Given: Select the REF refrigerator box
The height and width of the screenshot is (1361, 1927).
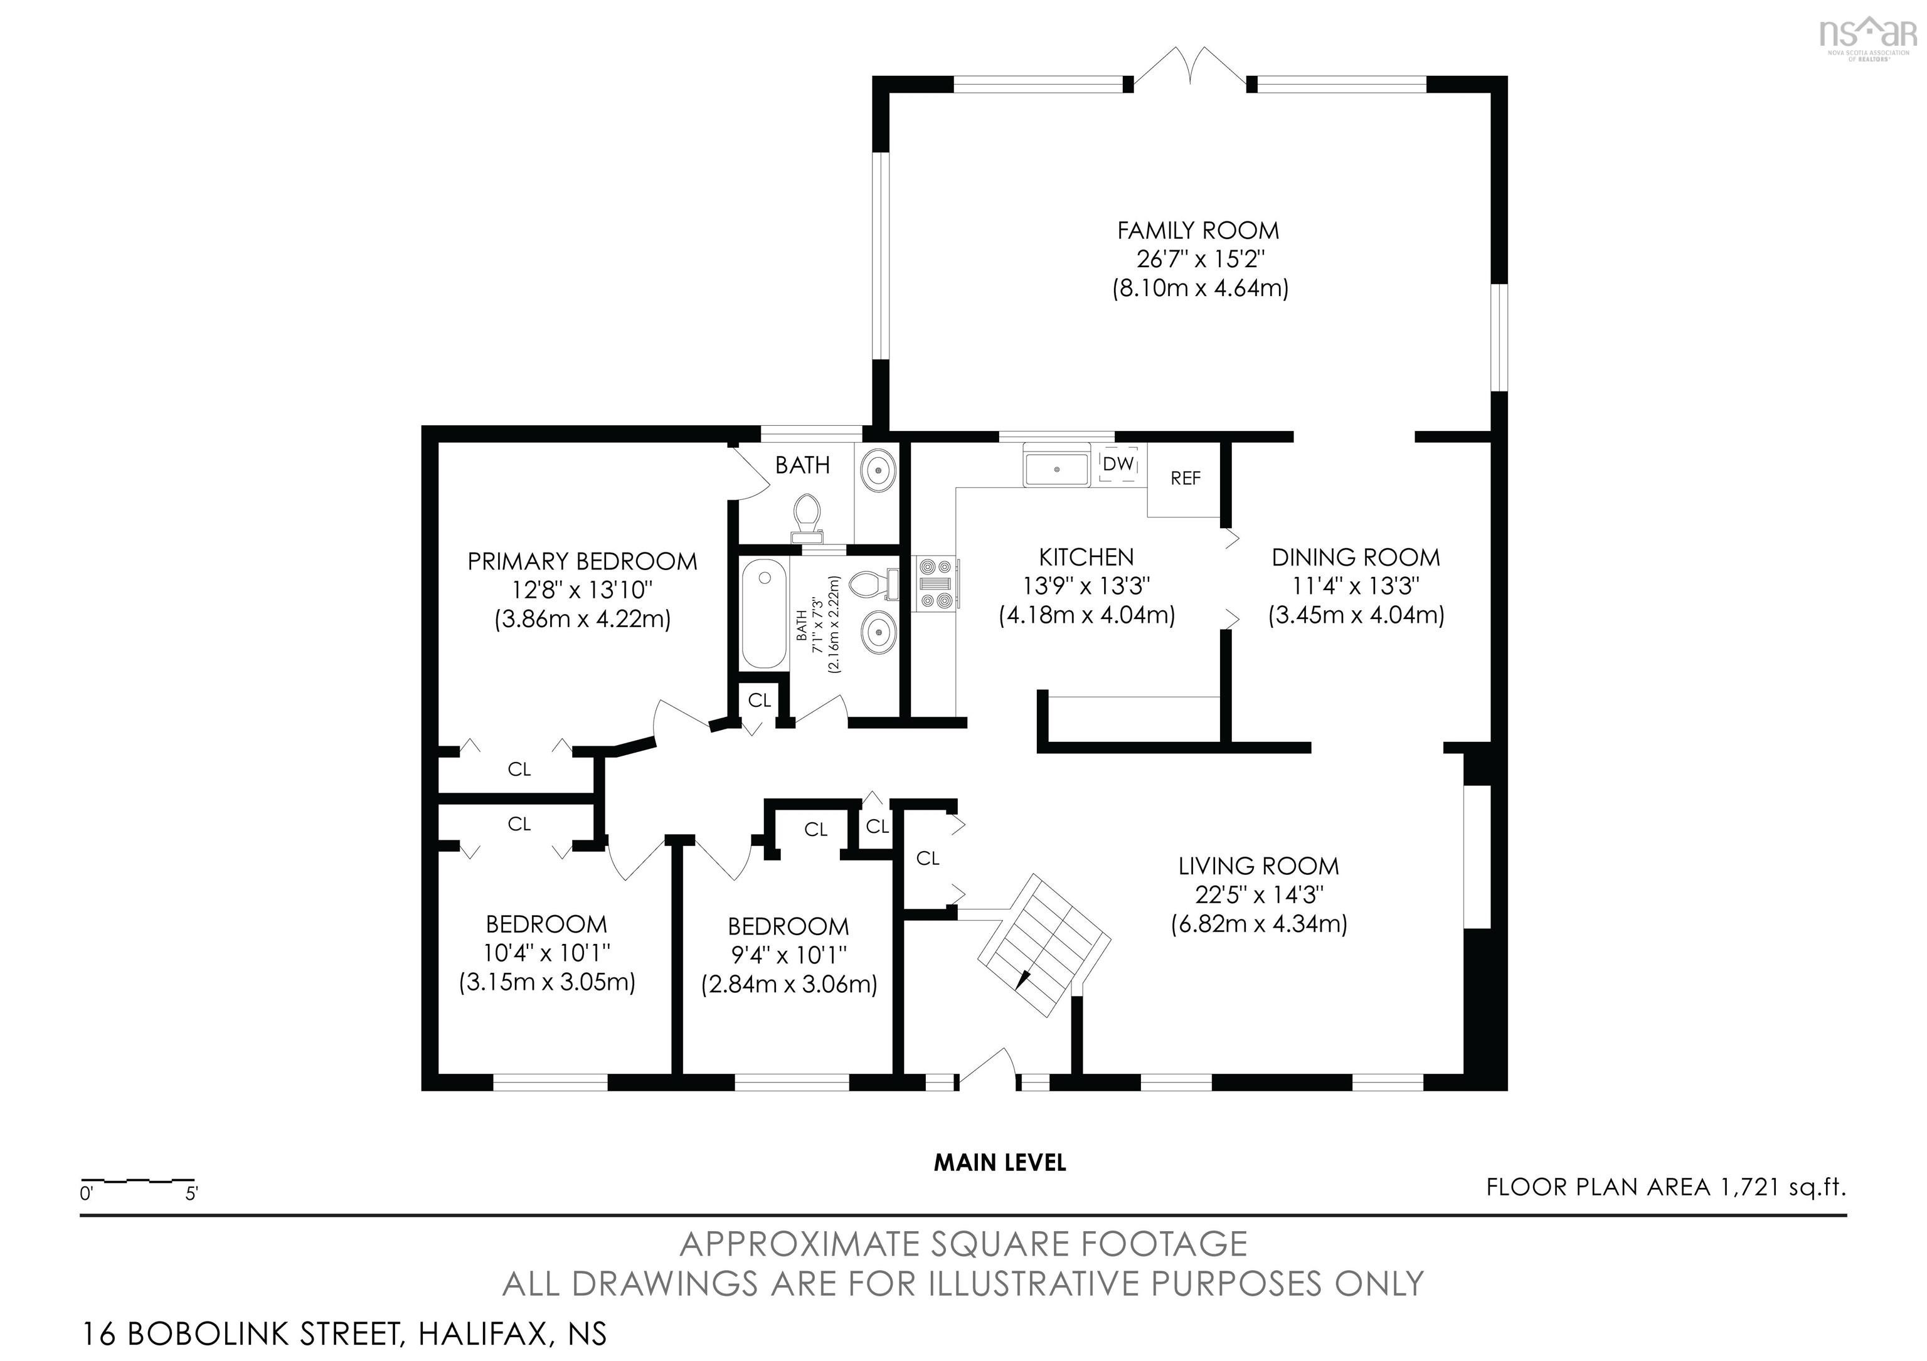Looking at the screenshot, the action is tap(1184, 479).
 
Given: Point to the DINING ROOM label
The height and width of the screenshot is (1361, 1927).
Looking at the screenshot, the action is tap(1356, 557).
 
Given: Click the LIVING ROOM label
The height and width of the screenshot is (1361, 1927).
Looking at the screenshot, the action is tap(1258, 866).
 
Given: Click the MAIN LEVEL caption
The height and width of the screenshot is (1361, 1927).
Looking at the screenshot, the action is tap(1000, 1162).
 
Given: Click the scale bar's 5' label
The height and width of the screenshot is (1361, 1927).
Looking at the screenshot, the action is tap(191, 1193).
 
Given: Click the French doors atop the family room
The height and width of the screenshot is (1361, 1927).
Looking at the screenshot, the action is tap(1189, 66).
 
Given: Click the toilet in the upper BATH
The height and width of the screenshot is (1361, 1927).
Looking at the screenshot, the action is tap(807, 517).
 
